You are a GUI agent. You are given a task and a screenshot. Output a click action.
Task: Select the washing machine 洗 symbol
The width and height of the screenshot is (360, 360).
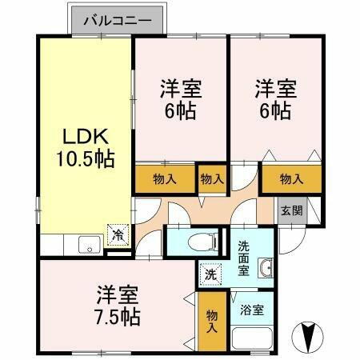click(210, 272)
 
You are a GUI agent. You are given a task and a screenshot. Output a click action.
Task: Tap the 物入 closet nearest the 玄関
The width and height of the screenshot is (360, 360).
click(291, 179)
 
